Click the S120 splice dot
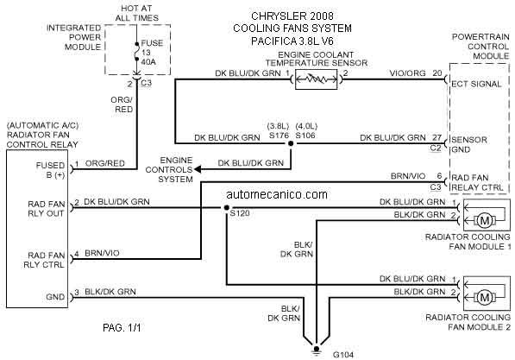[x=226, y=208]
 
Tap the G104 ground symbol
[x=316, y=351]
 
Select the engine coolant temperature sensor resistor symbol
[x=316, y=79]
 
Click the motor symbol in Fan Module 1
[x=485, y=220]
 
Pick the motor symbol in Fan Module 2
[x=485, y=298]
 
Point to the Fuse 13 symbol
[x=136, y=52]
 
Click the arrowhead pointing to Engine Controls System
[x=198, y=169]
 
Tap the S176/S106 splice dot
[x=291, y=143]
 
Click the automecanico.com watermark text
[x=277, y=194]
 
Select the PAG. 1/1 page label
[x=122, y=328]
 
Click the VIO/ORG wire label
[x=407, y=73]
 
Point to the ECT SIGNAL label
[x=476, y=84]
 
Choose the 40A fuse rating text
[x=148, y=62]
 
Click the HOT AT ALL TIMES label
[x=136, y=13]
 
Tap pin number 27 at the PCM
[x=436, y=137]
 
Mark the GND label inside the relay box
[x=55, y=297]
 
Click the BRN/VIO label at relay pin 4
[x=102, y=253]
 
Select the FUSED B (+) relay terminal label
[x=50, y=170]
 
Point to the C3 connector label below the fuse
[x=146, y=83]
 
